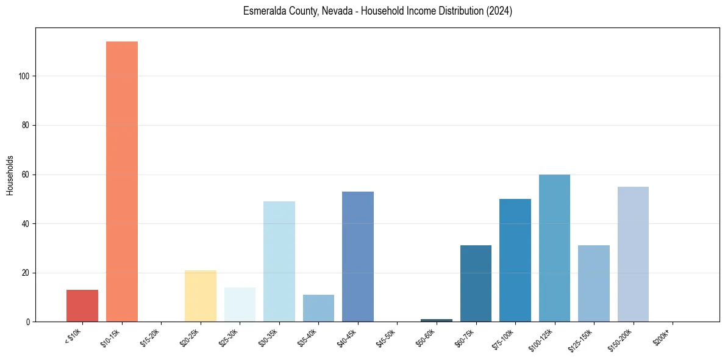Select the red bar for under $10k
click(82, 306)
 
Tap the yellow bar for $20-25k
click(201, 296)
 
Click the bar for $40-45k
click(358, 256)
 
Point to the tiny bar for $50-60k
click(437, 320)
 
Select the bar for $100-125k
click(554, 248)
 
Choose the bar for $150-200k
click(633, 254)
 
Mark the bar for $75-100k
click(515, 260)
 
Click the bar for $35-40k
click(318, 308)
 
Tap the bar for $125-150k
click(594, 283)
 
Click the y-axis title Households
click(10, 175)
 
